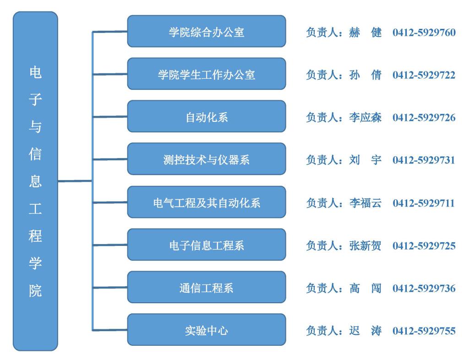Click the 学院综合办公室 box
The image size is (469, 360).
206,32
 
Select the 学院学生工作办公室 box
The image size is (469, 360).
206,74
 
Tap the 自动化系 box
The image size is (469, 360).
206,117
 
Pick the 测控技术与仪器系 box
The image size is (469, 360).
206,159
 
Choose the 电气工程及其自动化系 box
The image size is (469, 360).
206,202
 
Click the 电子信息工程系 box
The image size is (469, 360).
206,245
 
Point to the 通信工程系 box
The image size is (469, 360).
206,288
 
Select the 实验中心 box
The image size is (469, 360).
206,330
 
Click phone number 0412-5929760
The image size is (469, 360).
424,33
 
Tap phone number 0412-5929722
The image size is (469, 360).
424,75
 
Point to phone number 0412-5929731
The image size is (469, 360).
424,160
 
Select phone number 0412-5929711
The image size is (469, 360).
424,203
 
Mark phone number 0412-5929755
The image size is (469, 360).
424,331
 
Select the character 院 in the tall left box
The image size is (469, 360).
35,291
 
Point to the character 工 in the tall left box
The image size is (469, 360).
35,209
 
